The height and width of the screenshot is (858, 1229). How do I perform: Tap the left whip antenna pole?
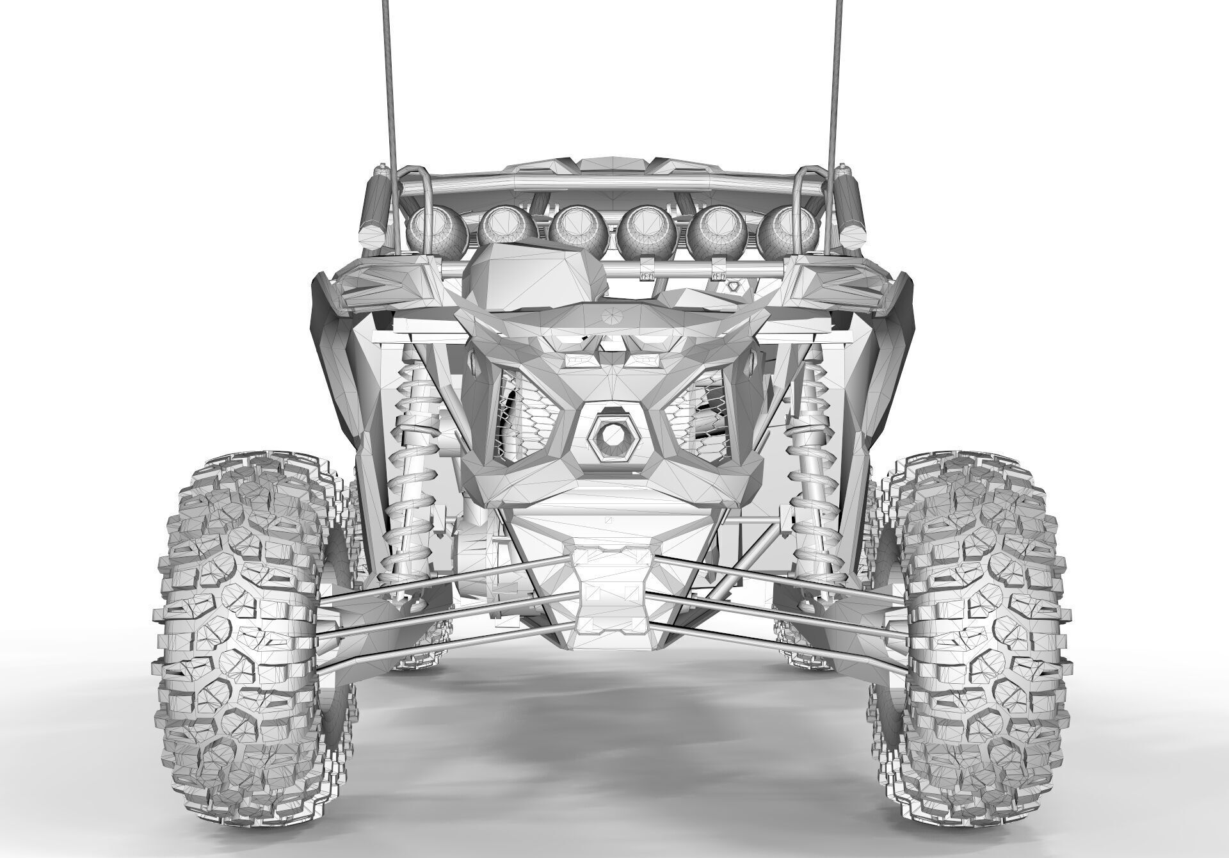point(391,96)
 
